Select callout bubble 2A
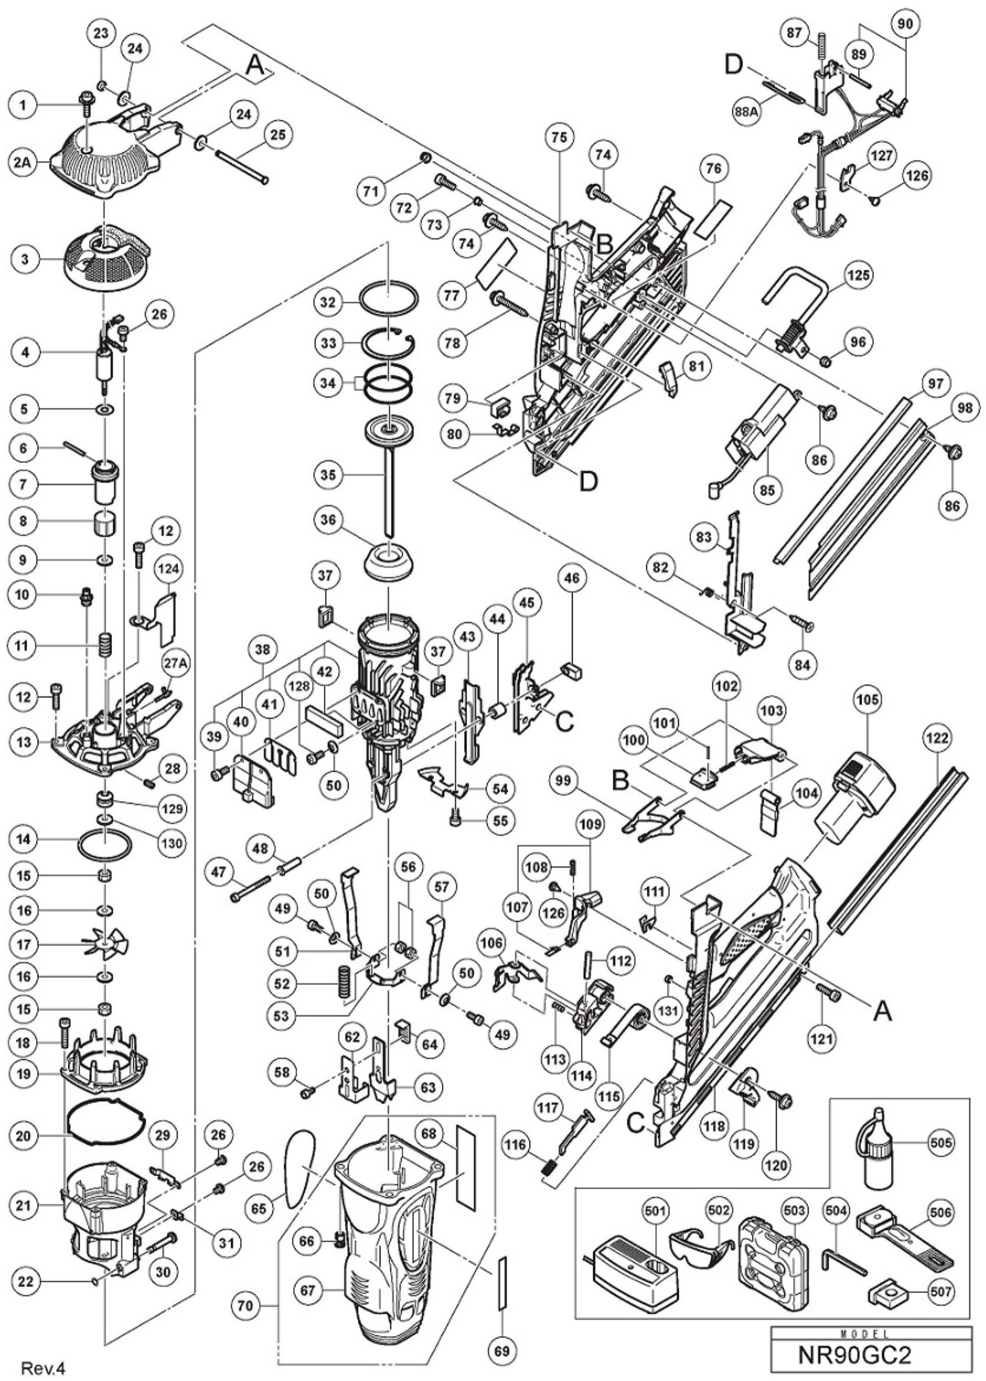pyautogui.click(x=23, y=162)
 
